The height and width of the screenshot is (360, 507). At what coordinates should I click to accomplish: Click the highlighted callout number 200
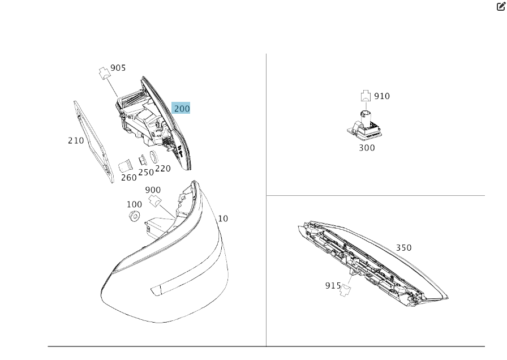click(182, 108)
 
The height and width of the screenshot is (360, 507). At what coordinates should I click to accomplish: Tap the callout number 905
click(118, 68)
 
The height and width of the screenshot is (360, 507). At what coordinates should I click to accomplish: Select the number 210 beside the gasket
click(76, 141)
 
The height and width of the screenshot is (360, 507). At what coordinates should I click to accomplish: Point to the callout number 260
click(129, 178)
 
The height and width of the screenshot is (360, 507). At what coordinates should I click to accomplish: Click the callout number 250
click(146, 173)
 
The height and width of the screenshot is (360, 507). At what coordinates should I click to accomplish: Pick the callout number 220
click(163, 169)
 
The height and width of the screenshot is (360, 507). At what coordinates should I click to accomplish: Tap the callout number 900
click(153, 190)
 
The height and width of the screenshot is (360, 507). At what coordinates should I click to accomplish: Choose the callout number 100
click(134, 204)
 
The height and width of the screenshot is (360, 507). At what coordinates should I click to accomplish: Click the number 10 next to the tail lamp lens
click(223, 218)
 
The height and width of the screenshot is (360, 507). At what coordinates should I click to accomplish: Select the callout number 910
click(382, 96)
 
